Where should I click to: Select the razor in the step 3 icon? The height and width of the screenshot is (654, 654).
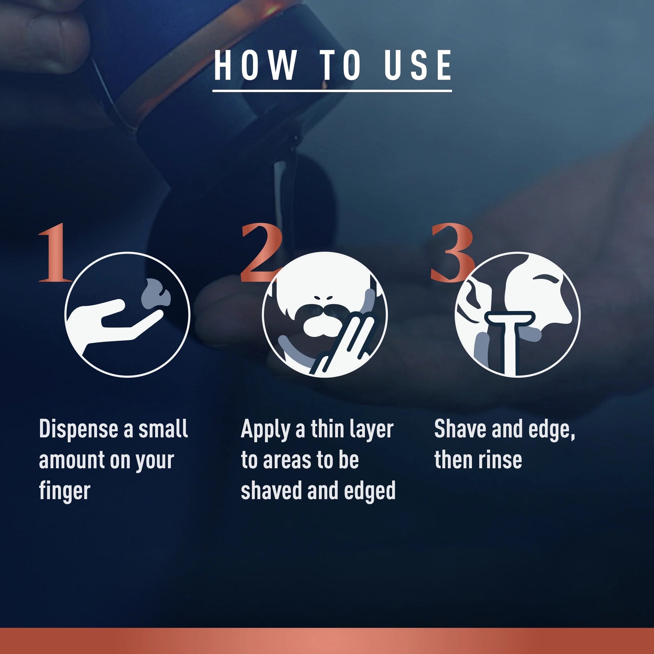pos(510,338)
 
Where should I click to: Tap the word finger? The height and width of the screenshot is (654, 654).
pos(64,491)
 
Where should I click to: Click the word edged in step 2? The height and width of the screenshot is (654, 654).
pos(370,491)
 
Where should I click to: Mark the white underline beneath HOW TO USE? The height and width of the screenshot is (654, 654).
pos(332,90)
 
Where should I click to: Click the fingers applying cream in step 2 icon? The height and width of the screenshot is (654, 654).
pos(345,345)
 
